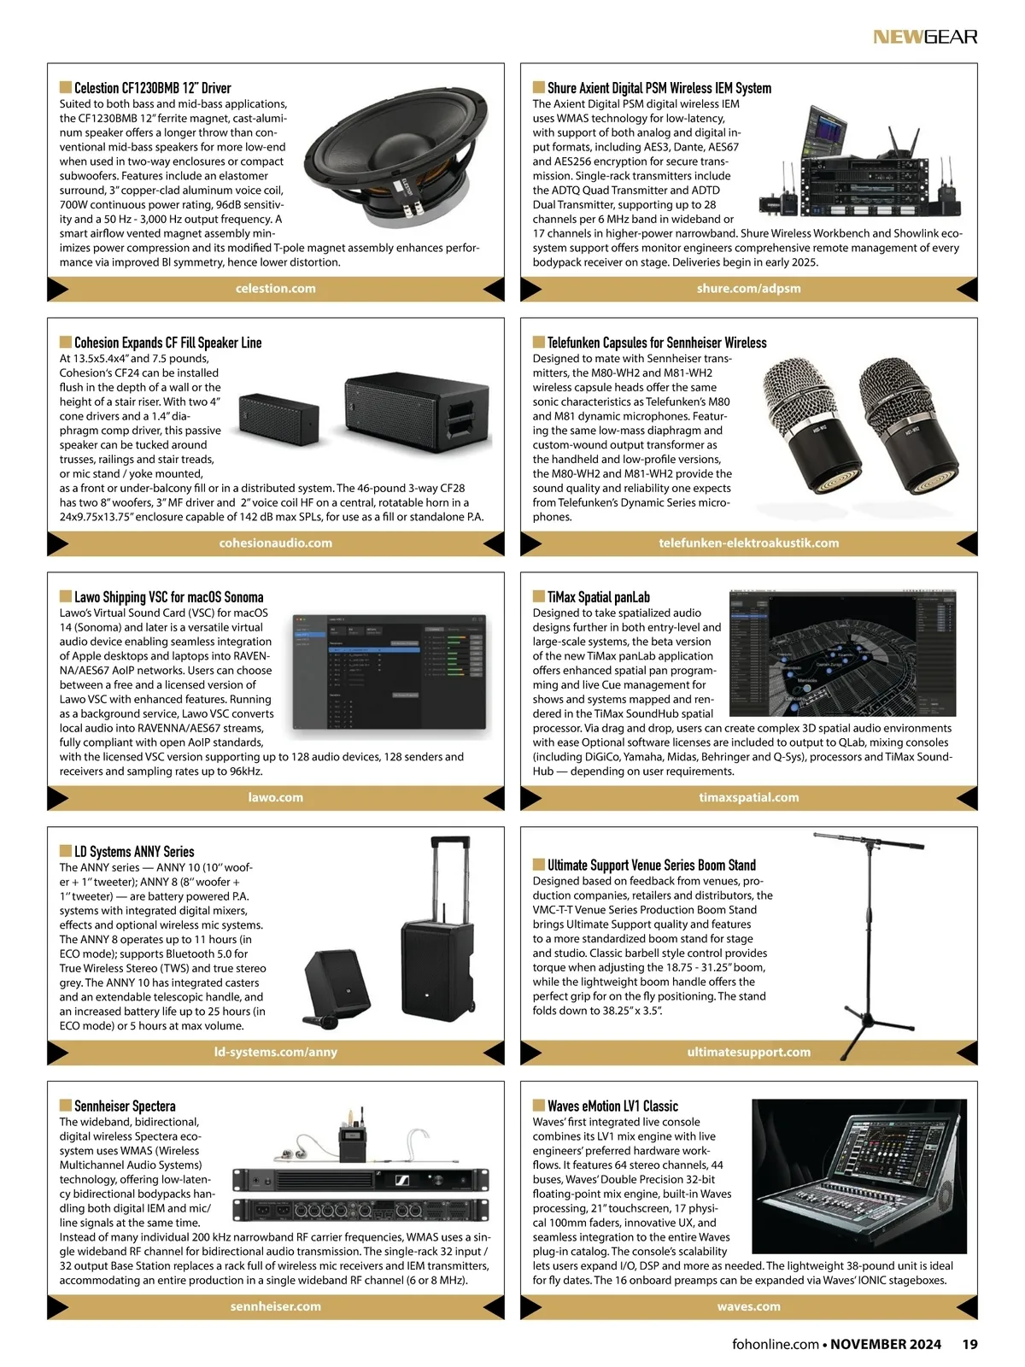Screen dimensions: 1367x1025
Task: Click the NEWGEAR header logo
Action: (924, 37)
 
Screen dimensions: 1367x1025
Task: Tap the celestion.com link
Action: (275, 289)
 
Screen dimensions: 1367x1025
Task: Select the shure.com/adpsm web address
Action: (748, 289)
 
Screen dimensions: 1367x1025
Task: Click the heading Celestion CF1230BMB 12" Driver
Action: (152, 88)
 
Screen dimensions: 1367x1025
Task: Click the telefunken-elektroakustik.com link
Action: (748, 543)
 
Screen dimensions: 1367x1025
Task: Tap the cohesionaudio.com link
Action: (275, 543)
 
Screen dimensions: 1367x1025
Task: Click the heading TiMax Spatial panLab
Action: (598, 597)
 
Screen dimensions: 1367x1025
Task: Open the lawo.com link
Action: (275, 798)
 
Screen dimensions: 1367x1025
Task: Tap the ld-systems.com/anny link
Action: (275, 1053)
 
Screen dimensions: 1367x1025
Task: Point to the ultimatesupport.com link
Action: (748, 1053)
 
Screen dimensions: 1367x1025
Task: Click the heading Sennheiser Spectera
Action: (125, 1106)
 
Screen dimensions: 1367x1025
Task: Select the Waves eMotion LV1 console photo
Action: (858, 1177)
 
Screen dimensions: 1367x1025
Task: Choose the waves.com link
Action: (748, 1307)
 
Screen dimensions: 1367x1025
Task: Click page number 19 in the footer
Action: (969, 1345)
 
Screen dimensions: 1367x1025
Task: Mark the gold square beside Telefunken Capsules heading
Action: (539, 342)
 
